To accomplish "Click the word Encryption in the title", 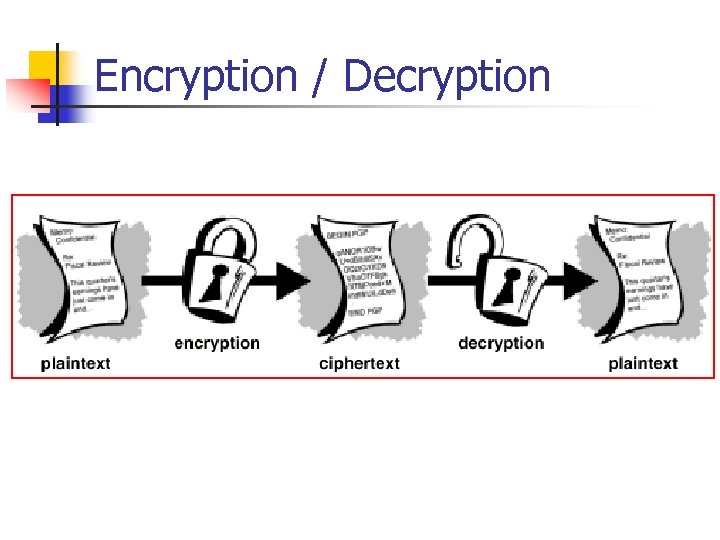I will tap(196, 76).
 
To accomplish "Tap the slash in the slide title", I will tap(319, 77).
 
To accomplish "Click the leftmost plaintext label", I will tap(76, 363).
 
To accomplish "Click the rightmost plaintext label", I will tap(643, 363).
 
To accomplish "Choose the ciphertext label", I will tap(359, 363).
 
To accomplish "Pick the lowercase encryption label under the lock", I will tap(217, 344).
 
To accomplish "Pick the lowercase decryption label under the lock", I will tap(500, 344).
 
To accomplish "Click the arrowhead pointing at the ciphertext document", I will tap(293, 282).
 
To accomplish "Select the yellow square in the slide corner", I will tap(40, 64).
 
